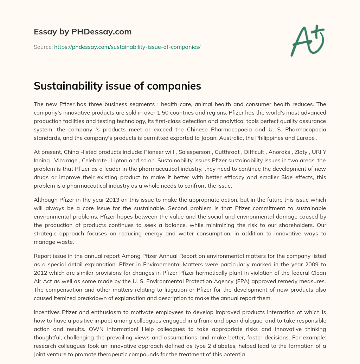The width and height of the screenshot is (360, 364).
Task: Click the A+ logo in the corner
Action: pyautogui.click(x=307, y=40)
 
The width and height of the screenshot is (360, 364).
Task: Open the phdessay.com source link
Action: pyautogui.click(x=127, y=47)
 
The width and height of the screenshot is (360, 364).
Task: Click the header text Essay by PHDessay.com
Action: pyautogui.click(x=83, y=32)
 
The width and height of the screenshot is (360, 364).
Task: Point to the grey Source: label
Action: pyautogui.click(x=43, y=47)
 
